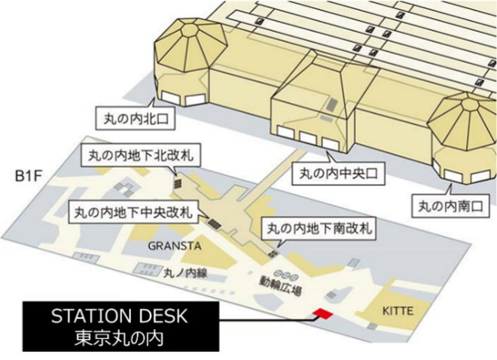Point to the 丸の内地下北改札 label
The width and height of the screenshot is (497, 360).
(x=138, y=156)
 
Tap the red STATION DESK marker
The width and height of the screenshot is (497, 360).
(x=322, y=313)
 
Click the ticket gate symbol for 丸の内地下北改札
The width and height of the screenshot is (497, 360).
(x=178, y=183)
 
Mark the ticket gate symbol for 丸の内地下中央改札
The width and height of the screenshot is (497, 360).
(x=214, y=221)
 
